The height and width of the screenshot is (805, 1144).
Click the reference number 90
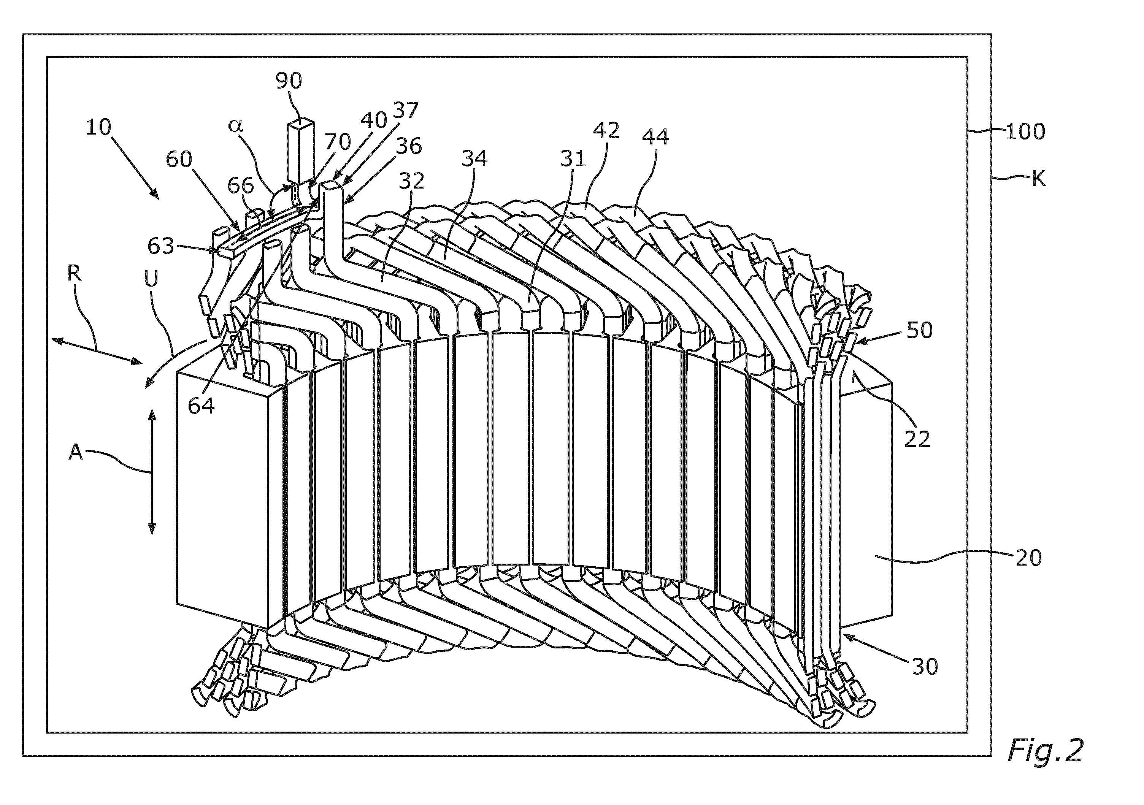[289, 80]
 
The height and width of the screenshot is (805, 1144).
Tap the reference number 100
[1025, 132]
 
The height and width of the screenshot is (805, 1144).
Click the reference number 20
[1028, 558]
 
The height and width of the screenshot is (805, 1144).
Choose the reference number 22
[917, 439]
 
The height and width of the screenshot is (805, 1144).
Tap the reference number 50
[919, 330]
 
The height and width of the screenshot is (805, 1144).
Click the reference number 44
[655, 136]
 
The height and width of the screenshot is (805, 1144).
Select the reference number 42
[606, 130]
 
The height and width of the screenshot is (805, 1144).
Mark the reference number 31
[573, 159]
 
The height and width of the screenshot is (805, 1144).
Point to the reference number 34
[474, 158]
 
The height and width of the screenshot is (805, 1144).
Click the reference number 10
[98, 128]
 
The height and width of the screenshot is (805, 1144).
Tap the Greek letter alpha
[235, 125]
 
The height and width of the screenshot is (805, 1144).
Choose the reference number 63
[161, 246]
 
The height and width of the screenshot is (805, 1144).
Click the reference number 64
[201, 406]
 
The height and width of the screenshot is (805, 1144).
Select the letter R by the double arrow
[74, 274]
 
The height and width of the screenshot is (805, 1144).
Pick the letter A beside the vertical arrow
[75, 452]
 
